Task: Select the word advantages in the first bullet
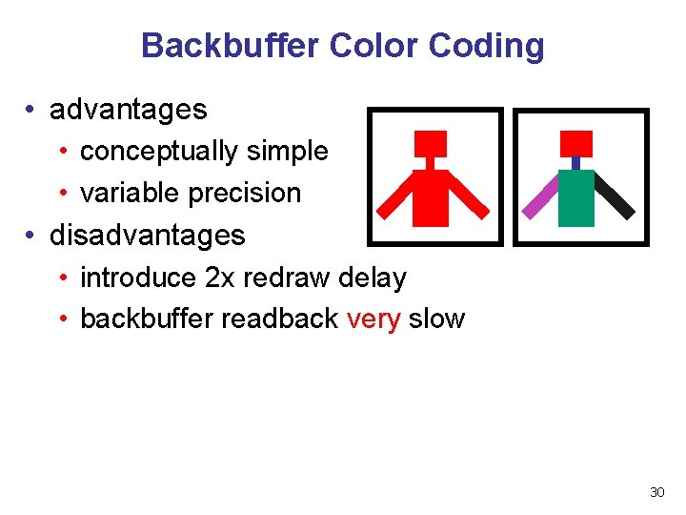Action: click(128, 110)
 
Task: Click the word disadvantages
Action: click(147, 235)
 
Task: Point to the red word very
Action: click(373, 319)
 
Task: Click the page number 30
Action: click(656, 492)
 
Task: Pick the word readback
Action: click(279, 319)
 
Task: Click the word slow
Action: click(436, 319)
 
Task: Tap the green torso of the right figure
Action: click(575, 197)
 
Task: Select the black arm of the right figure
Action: click(615, 197)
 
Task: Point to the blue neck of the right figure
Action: click(575, 162)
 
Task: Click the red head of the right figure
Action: click(575, 143)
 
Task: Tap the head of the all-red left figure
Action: click(430, 143)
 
